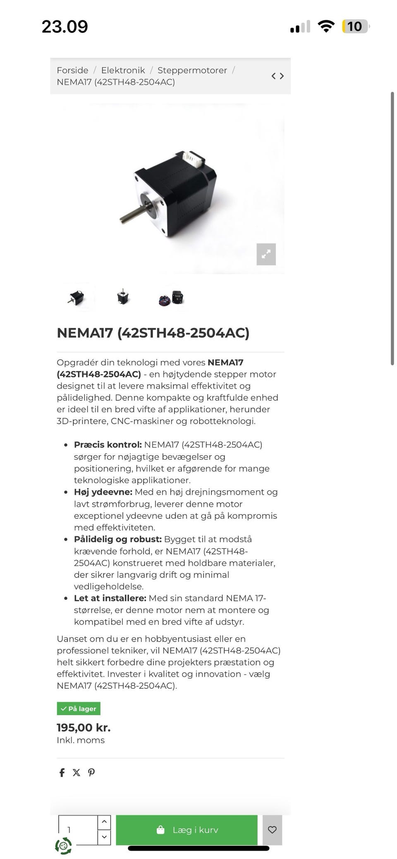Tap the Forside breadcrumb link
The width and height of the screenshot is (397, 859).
coord(72,70)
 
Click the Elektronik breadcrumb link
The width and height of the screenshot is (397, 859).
coord(123,70)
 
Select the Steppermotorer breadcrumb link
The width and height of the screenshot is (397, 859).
coord(192,70)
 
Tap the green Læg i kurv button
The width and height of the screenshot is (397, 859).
coord(187,830)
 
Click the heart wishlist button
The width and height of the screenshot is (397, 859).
coord(272,830)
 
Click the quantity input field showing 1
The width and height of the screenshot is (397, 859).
coord(77,830)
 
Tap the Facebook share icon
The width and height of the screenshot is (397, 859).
coord(62,772)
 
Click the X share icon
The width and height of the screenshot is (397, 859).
coord(77,772)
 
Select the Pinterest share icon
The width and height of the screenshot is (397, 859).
coord(91,772)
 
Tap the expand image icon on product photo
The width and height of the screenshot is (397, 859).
coord(266,254)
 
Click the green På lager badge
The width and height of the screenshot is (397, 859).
coord(79,709)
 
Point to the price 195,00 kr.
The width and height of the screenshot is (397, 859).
coord(84,728)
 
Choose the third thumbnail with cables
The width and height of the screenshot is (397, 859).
coord(171,298)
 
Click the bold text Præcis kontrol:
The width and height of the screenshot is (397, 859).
coord(108,445)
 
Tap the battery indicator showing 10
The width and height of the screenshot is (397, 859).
coord(354,26)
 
